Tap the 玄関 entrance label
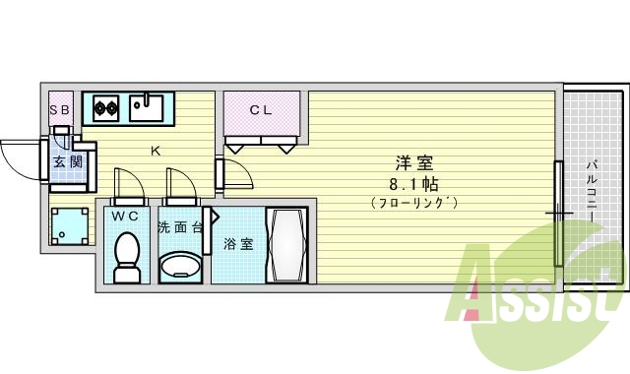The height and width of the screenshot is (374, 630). pyautogui.click(x=68, y=162)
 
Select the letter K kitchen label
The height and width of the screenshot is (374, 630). pyautogui.click(x=155, y=151)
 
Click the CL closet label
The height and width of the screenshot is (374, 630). pyautogui.click(x=260, y=110)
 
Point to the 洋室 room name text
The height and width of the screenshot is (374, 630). pyautogui.click(x=414, y=163)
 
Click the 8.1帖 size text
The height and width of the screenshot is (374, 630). pyautogui.click(x=414, y=184)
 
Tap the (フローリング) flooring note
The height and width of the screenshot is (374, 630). pyautogui.click(x=414, y=204)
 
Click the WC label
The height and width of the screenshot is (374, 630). pyautogui.click(x=125, y=215)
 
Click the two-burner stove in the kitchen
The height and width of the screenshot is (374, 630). pyautogui.click(x=106, y=105)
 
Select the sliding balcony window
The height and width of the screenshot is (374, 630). pyautogui.click(x=558, y=212)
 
